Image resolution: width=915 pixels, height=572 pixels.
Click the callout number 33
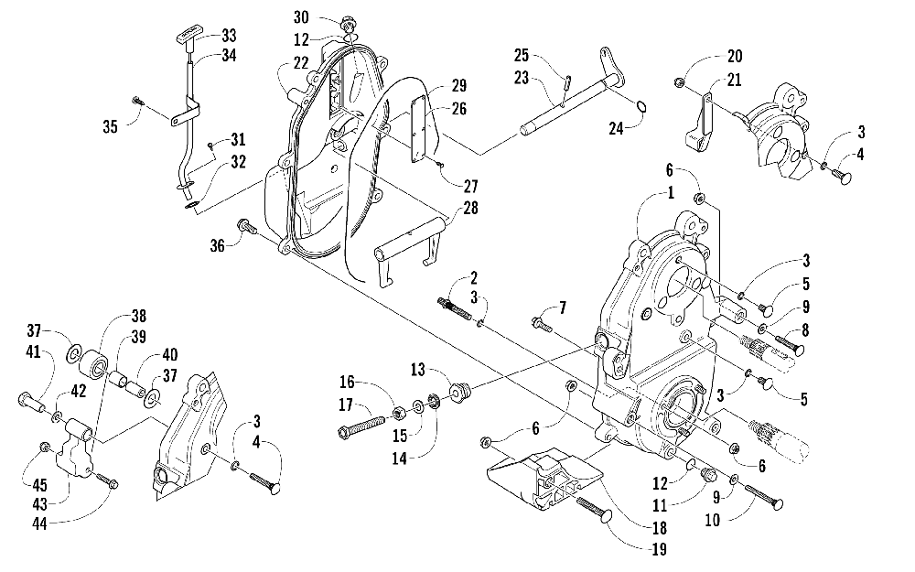pyautogui.click(x=229, y=36)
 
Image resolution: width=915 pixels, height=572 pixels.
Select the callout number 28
pyautogui.click(x=470, y=207)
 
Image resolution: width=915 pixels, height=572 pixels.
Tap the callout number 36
pyautogui.click(x=217, y=245)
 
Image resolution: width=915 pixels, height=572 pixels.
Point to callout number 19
pyautogui.click(x=660, y=548)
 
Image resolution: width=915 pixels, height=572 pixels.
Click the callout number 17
pyautogui.click(x=346, y=404)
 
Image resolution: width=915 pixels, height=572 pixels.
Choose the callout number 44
pyautogui.click(x=39, y=523)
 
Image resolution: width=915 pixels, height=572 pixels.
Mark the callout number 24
pyautogui.click(x=616, y=128)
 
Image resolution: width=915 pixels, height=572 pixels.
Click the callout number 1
pyautogui.click(x=671, y=192)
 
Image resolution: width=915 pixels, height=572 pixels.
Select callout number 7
pyautogui.click(x=563, y=307)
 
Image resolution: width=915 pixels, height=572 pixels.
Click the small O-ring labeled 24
pyautogui.click(x=640, y=107)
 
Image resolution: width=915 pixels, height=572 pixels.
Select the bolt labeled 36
pyautogui.click(x=246, y=226)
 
